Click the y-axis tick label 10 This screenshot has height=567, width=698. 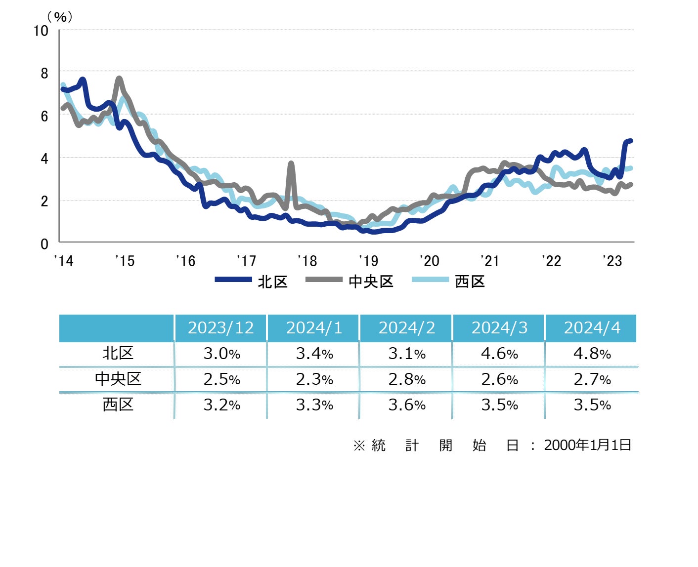pyautogui.click(x=41, y=31)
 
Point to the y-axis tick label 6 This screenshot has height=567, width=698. pyautogui.click(x=44, y=116)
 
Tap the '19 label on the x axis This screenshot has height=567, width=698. pyautogui.click(x=368, y=261)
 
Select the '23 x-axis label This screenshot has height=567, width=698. pyautogui.click(x=612, y=261)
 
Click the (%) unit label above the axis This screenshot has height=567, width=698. pyautogui.click(x=60, y=17)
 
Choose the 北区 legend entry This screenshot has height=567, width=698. pyautogui.click(x=252, y=282)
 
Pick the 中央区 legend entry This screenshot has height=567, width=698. pyautogui.click(x=349, y=282)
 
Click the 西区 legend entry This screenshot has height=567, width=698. pyautogui.click(x=448, y=282)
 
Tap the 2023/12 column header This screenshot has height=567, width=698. pyautogui.click(x=220, y=328)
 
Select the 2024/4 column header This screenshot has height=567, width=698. pyautogui.click(x=592, y=328)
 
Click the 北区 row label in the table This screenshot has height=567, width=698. pyautogui.click(x=118, y=353)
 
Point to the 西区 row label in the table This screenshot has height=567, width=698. pyautogui.click(x=118, y=405)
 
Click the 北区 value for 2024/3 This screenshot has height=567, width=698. pyautogui.click(x=499, y=354)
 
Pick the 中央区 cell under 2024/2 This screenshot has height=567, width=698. pyautogui.click(x=407, y=379)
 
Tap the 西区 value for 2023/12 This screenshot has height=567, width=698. pyautogui.click(x=221, y=405)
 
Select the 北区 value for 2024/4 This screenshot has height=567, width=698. pyautogui.click(x=592, y=354)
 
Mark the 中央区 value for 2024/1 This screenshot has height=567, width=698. pyautogui.click(x=314, y=379)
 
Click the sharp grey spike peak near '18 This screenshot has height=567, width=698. pyautogui.click(x=291, y=163)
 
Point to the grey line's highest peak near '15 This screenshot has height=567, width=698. pyautogui.click(x=119, y=79)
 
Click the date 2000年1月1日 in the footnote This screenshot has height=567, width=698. pyautogui.click(x=587, y=445)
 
